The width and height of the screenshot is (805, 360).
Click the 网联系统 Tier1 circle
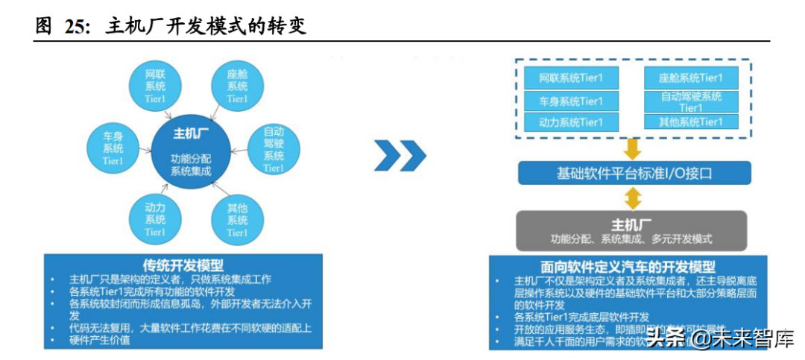[x=156, y=86]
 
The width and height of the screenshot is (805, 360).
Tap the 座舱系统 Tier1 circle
[x=237, y=86]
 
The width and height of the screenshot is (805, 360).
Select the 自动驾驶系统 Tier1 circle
[x=274, y=149]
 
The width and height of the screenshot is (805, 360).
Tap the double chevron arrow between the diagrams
[x=400, y=155]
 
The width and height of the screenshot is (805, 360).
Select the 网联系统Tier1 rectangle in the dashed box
[x=571, y=78]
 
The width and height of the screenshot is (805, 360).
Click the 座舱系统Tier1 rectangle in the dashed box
[x=691, y=78]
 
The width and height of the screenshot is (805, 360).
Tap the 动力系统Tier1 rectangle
[x=571, y=122]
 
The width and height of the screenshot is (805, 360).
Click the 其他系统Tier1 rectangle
[x=691, y=122]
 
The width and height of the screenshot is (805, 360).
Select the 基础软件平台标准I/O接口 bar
[x=634, y=174]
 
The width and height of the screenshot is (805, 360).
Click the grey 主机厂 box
[x=631, y=230]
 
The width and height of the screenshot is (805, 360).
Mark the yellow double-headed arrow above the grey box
[x=632, y=198]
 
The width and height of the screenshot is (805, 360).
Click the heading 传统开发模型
[x=183, y=265]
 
